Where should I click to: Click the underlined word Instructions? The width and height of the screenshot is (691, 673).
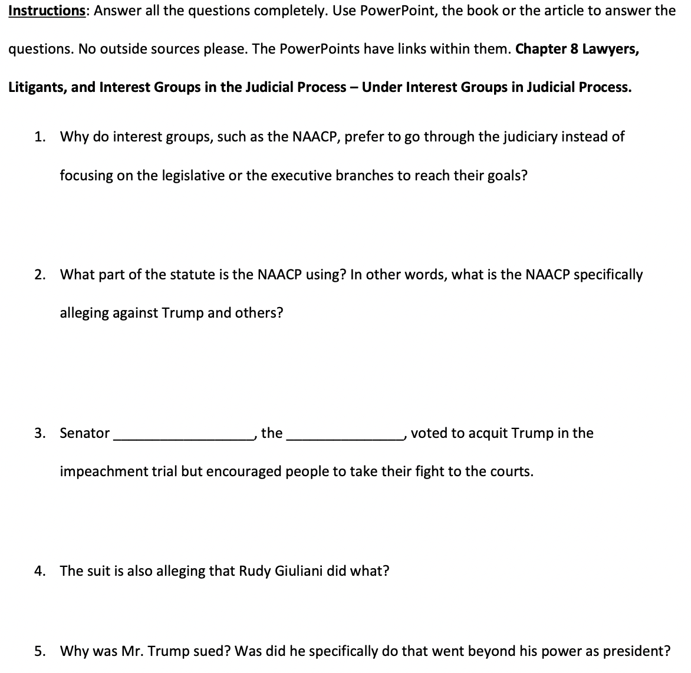(47, 11)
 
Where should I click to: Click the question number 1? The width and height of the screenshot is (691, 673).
(39, 137)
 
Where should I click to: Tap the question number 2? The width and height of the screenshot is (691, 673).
(39, 275)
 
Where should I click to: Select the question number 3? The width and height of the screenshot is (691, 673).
(39, 433)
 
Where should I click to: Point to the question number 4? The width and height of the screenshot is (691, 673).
(39, 571)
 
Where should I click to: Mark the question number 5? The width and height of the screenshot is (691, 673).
(39, 651)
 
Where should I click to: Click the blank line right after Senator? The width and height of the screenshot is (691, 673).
(182, 437)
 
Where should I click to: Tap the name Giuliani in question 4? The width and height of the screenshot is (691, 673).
(298, 571)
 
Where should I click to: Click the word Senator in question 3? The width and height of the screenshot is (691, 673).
(84, 433)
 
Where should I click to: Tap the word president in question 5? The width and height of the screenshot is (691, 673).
(641, 651)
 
